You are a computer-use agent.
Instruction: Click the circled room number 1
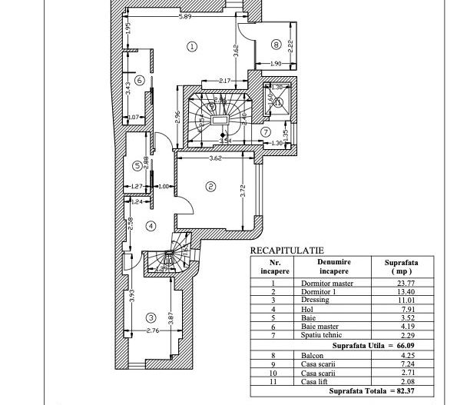(192, 46)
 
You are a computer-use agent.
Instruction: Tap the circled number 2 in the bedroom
(209, 186)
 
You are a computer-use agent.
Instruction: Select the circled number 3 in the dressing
(151, 317)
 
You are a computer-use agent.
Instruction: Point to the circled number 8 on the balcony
(276, 45)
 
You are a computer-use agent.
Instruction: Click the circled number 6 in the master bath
(139, 80)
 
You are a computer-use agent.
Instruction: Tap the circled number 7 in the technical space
(266, 131)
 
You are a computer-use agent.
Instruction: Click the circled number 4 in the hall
(151, 226)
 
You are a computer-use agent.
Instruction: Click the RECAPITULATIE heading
(286, 251)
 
